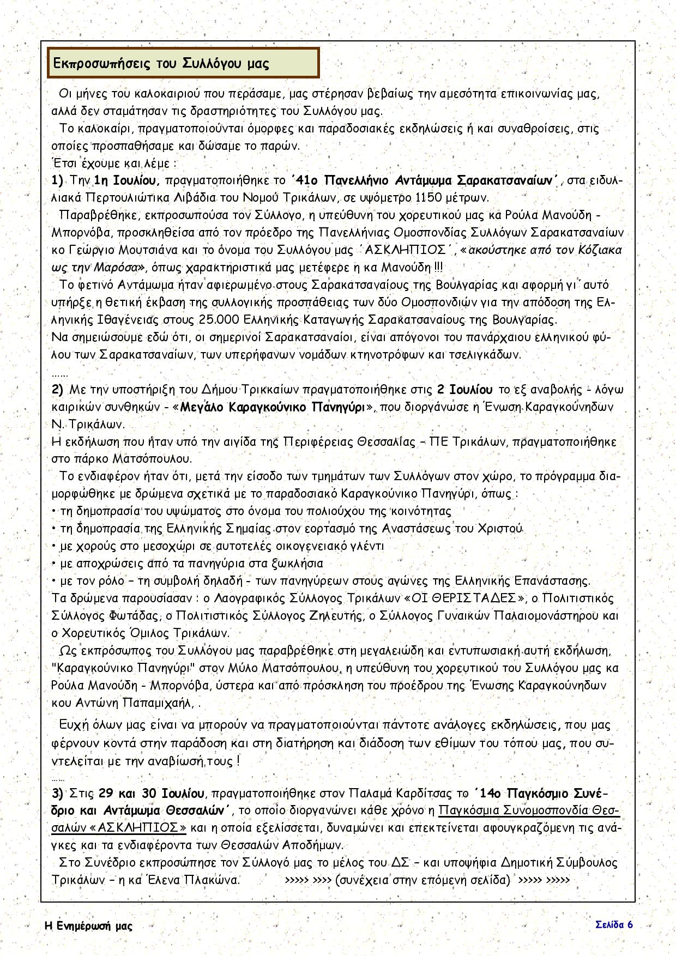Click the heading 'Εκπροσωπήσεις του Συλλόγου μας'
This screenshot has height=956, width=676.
click(x=161, y=63)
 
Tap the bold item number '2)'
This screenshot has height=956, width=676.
click(x=58, y=389)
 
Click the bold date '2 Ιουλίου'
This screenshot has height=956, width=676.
click(x=465, y=389)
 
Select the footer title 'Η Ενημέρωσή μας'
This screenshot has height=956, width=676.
click(x=88, y=926)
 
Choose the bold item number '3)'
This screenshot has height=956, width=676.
click(x=58, y=793)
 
